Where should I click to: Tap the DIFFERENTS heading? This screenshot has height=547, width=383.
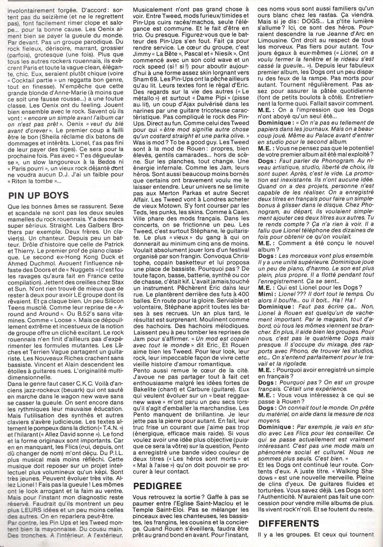point(288,524)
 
